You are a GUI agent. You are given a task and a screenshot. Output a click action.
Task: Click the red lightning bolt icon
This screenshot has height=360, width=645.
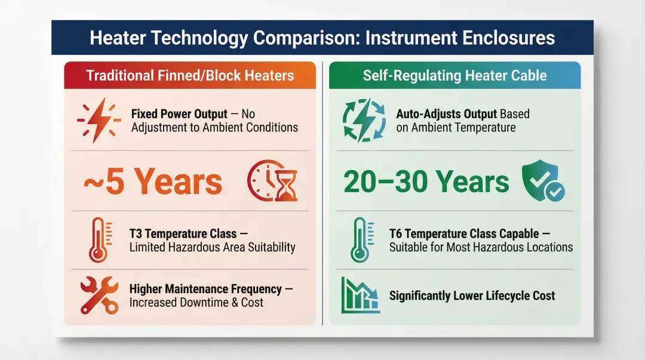99,120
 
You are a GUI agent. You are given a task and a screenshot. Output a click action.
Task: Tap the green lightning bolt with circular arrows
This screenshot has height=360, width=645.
364,120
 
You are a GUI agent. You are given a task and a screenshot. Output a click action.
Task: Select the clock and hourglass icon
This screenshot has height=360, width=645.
272,181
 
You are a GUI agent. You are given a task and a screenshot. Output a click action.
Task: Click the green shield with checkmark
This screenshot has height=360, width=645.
543,181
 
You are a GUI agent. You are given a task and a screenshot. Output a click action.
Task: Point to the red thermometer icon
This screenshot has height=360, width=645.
100,240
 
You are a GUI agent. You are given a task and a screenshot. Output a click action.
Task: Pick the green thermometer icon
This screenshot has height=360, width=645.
362,240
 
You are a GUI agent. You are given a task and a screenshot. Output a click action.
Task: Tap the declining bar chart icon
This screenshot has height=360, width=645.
360,295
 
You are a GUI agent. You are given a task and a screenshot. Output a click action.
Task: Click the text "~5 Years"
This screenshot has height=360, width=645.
153,181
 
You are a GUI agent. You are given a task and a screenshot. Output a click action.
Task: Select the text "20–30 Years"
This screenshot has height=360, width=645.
426,181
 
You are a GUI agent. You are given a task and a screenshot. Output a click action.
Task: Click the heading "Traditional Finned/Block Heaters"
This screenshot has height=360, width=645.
190,76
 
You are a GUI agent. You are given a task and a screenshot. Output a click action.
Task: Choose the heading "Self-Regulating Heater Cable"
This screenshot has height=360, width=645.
454,76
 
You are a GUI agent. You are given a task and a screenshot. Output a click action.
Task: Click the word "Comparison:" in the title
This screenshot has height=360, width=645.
306,38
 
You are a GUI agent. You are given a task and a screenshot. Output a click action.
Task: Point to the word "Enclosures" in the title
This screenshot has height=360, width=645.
508,38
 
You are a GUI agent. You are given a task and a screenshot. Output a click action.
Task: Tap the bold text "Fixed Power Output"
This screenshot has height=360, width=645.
179,114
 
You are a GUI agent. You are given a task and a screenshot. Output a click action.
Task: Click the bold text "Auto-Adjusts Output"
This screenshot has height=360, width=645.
447,114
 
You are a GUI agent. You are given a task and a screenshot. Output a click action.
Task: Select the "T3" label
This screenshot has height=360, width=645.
136,233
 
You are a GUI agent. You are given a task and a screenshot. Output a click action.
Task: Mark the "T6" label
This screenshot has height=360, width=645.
396,233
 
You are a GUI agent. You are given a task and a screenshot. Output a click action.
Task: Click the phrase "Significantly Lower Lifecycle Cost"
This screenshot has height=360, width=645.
472,296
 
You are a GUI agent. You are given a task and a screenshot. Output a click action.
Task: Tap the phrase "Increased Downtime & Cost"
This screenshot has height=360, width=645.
196,303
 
